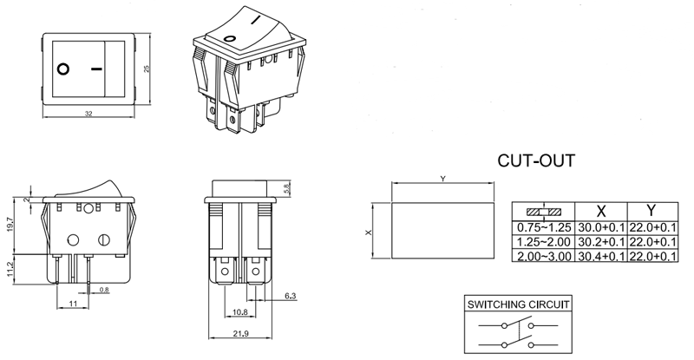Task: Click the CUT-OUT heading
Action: click(x=535, y=161)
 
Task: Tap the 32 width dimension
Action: click(x=89, y=114)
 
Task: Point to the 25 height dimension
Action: click(x=147, y=71)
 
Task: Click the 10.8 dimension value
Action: click(x=240, y=311)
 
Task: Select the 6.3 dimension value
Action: click(x=288, y=297)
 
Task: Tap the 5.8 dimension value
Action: click(x=287, y=188)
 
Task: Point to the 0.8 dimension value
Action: click(x=104, y=289)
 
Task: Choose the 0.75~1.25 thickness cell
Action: click(x=541, y=227)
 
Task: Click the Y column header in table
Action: click(x=651, y=211)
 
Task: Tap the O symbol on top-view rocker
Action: click(x=63, y=68)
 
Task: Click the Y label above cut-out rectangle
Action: click(x=442, y=179)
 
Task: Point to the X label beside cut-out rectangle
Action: click(x=367, y=232)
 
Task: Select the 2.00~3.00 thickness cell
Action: click(x=541, y=256)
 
